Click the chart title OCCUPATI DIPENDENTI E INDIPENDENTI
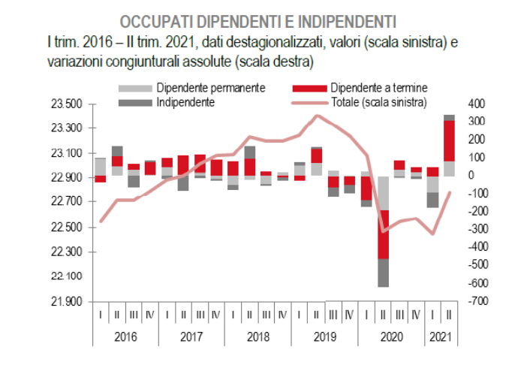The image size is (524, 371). [258, 19]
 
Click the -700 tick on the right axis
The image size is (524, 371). [476, 301]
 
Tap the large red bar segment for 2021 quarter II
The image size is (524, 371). [449, 140]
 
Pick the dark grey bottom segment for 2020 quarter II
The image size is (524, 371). [383, 273]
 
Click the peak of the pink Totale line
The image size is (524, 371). [316, 116]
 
